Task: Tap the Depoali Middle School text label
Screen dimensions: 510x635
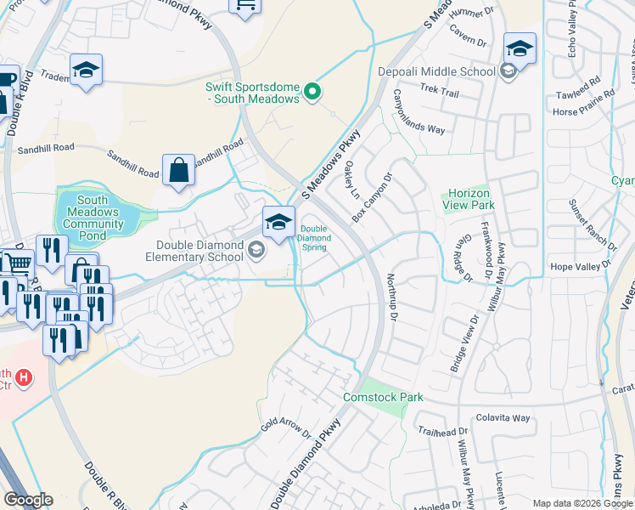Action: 436,71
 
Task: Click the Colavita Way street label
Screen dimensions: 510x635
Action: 503,417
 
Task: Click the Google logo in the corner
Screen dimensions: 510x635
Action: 28,500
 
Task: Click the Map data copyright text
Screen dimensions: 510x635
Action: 582,503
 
